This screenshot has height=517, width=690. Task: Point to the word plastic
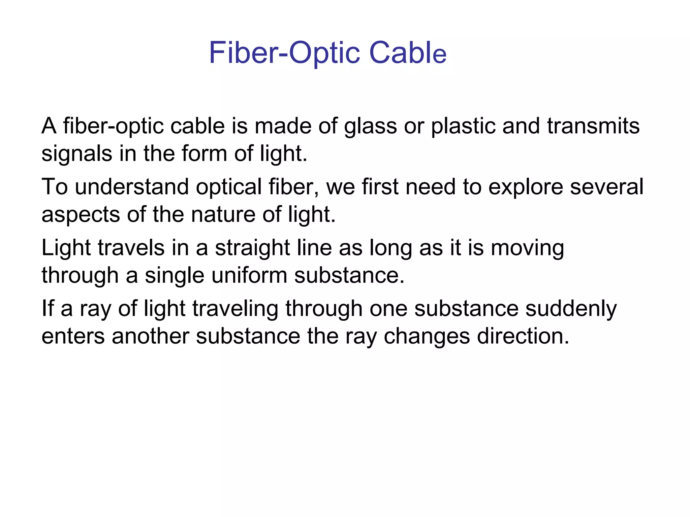click(464, 127)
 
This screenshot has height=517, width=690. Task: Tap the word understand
click(132, 187)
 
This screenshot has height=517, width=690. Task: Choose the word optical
click(229, 187)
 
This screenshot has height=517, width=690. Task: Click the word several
click(607, 187)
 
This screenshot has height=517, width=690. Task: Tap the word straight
click(253, 248)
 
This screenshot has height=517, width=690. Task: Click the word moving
click(527, 248)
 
